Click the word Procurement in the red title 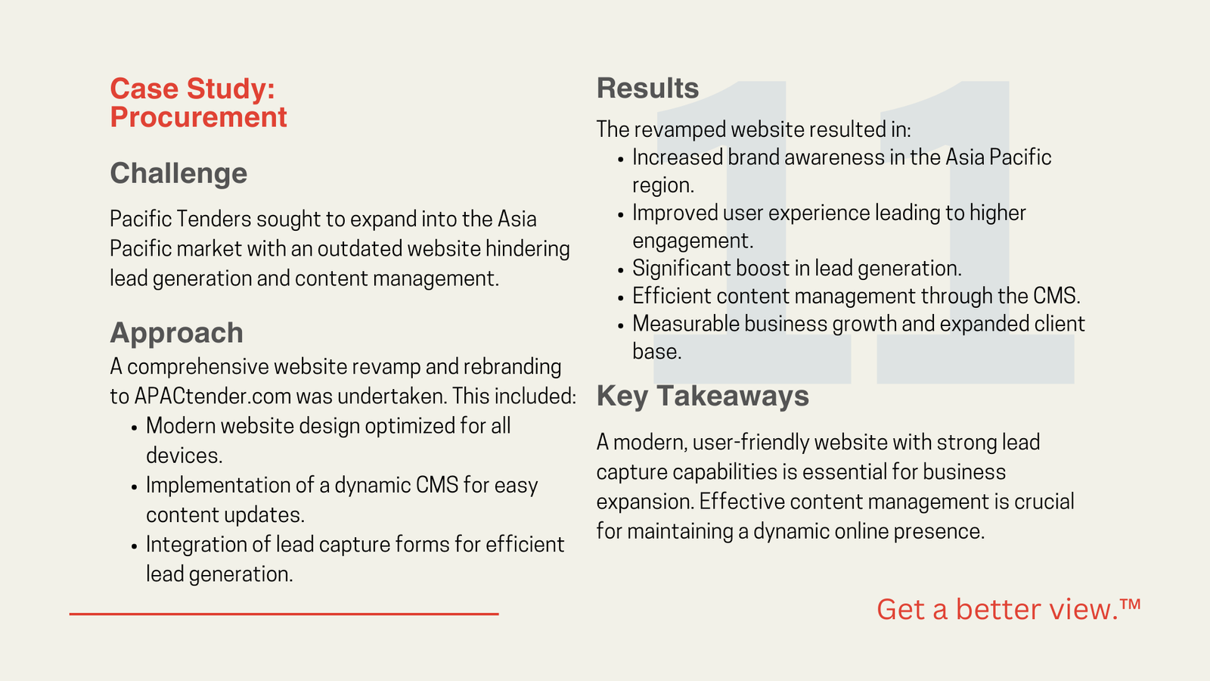[x=198, y=117]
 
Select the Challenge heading [x=178, y=174]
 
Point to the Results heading [x=647, y=88]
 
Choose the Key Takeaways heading [x=703, y=396]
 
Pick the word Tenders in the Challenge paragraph [x=214, y=219]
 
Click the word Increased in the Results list [x=678, y=158]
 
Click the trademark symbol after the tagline [x=1130, y=604]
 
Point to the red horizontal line [x=284, y=614]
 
